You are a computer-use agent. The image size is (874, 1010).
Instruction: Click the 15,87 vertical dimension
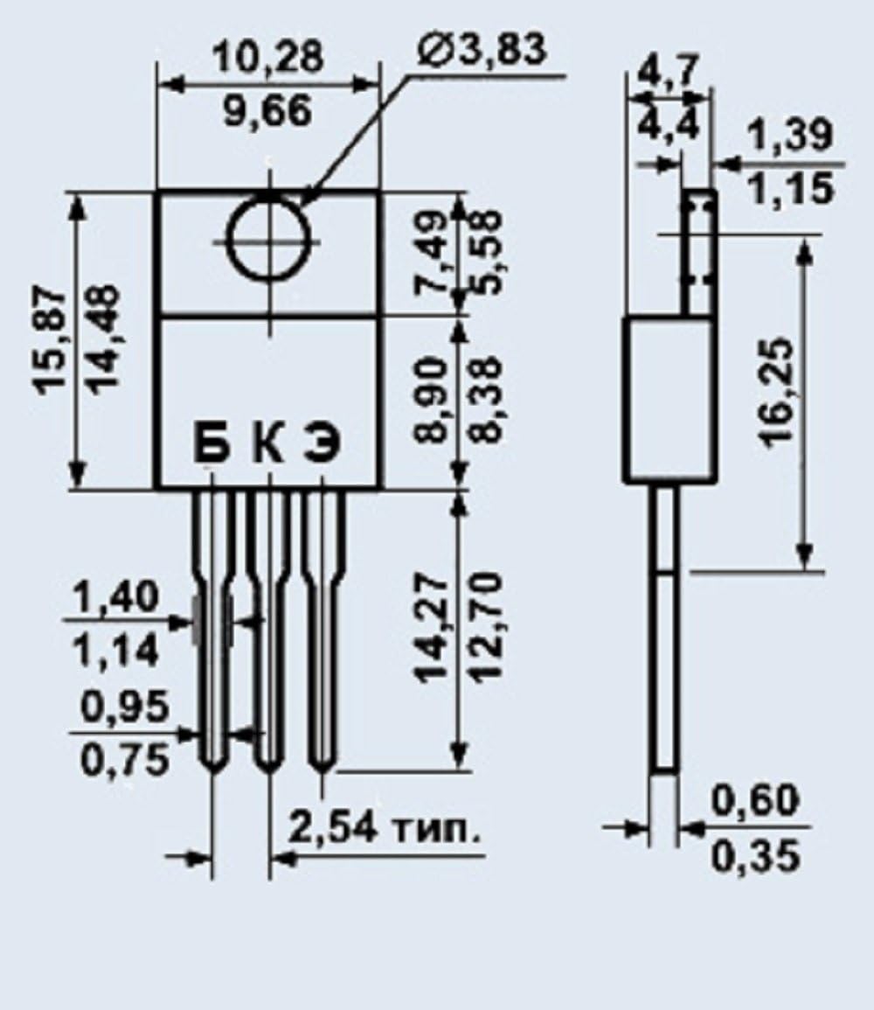click(53, 341)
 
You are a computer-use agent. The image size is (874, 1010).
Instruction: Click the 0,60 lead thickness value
click(753, 801)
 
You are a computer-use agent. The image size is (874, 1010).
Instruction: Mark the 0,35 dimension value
click(753, 856)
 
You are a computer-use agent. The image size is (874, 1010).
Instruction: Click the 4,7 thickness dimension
click(669, 70)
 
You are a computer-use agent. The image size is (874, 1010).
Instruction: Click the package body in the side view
click(669, 399)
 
